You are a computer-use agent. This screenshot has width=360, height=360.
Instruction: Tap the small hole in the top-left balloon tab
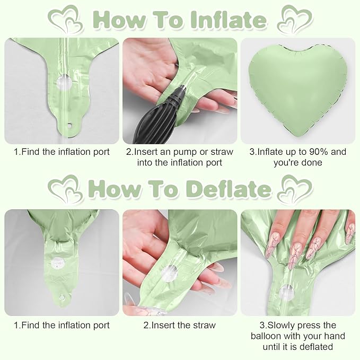tap(68, 127)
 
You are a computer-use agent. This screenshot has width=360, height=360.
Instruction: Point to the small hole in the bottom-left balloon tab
tap(62, 298)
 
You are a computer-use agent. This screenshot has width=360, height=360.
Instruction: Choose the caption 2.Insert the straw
tap(179, 325)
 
